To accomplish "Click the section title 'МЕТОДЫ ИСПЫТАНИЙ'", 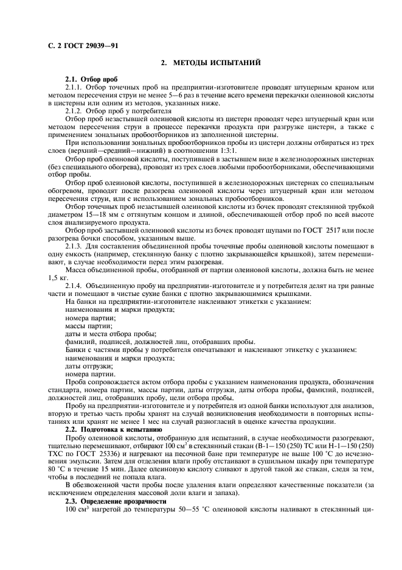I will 217,63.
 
